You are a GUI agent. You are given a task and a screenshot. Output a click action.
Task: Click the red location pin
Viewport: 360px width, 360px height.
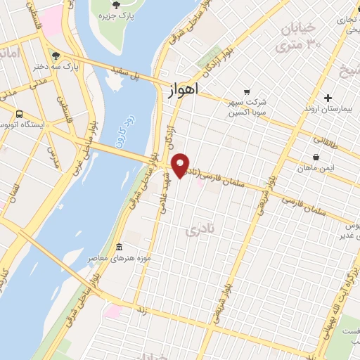click(x=181, y=165)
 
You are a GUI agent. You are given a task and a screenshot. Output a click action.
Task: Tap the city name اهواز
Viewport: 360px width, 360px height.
click(x=184, y=89)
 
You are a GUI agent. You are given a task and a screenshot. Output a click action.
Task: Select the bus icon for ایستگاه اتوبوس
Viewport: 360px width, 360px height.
click(x=19, y=113)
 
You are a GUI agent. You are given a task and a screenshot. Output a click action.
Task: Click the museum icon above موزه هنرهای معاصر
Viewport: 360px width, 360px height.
click(x=119, y=247)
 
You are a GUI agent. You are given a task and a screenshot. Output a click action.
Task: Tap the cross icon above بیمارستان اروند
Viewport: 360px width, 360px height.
click(x=328, y=98)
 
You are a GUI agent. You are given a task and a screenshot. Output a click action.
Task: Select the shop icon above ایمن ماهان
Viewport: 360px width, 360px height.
click(x=316, y=157)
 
